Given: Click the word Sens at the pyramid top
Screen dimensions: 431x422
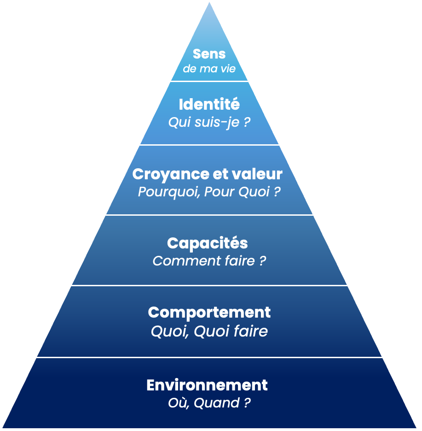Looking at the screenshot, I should pos(209,54).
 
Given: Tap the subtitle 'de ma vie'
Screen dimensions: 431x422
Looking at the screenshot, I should pos(209,69).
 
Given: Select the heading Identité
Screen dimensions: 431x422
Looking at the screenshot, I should pos(209,104).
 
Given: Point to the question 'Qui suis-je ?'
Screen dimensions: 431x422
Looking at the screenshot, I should pos(209,122).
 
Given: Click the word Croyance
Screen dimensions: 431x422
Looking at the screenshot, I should pos(164,174).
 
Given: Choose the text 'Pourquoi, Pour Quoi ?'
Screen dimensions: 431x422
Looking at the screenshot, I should pos(209,192).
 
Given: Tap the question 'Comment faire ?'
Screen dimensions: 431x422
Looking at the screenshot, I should pos(209,261).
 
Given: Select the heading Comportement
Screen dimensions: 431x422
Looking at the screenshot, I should pos(209,313).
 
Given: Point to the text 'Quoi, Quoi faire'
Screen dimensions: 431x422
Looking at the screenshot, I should pos(209,331).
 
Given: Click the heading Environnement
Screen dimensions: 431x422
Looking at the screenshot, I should pos(207,385).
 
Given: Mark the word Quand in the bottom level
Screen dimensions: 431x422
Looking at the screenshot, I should pos(216,403).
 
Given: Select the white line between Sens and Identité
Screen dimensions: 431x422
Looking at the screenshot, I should pos(209,81).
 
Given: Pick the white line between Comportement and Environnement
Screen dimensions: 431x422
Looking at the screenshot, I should pos(209,357).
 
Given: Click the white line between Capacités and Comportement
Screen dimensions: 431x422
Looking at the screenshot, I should pos(209,285).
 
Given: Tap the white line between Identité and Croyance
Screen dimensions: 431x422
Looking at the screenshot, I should pos(209,145).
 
